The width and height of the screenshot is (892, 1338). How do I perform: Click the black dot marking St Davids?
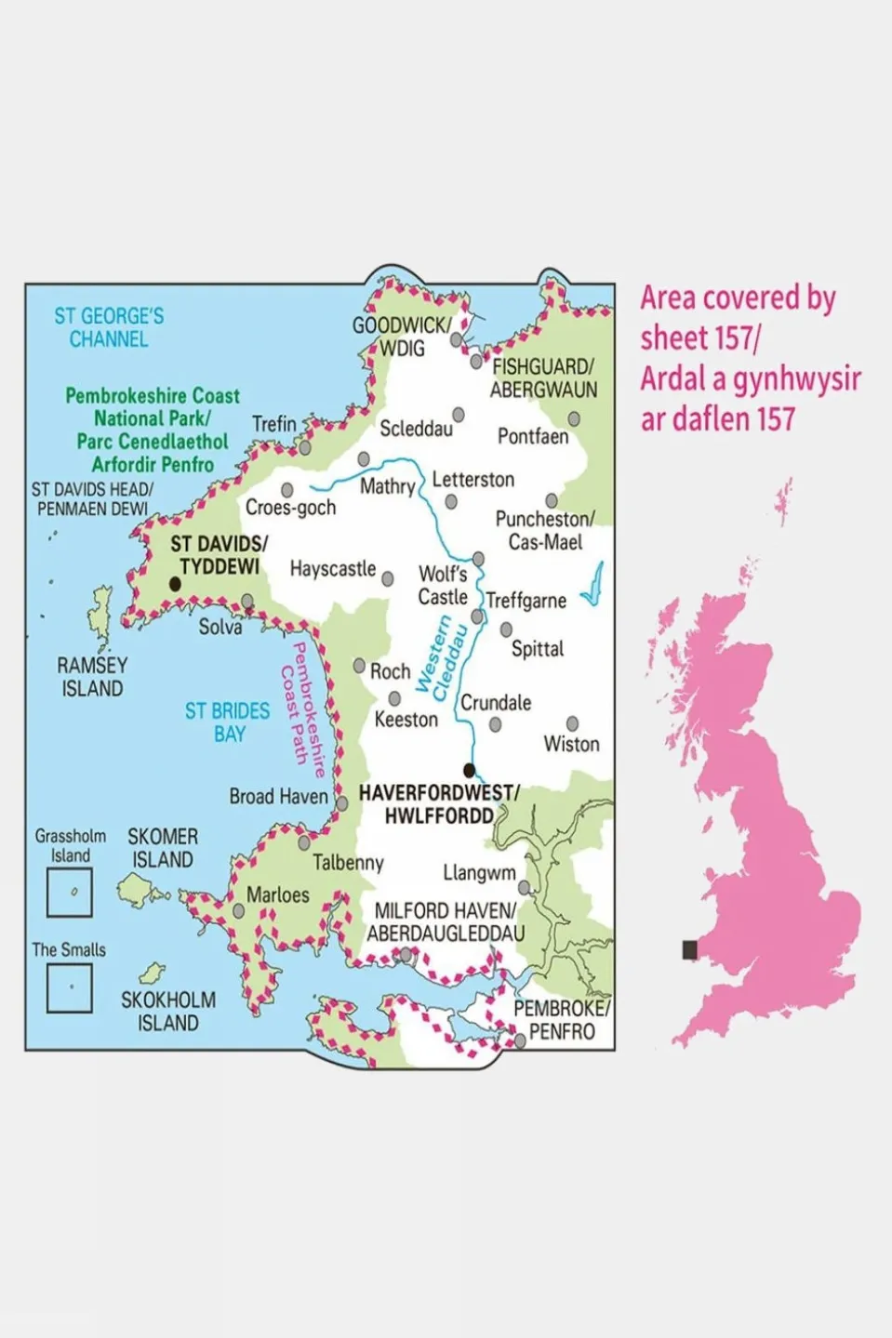[174, 585]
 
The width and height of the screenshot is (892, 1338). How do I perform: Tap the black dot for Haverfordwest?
[470, 770]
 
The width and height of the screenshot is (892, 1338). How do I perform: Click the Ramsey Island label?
[92, 677]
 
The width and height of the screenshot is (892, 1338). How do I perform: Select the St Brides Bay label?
[228, 722]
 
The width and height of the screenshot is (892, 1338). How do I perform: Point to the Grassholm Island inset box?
[70, 893]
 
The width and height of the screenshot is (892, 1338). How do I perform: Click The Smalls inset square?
[70, 987]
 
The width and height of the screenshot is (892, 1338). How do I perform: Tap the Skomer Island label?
[162, 848]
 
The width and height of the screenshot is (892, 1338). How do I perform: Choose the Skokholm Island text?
[168, 1012]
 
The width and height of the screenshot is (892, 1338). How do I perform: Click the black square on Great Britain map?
[689, 949]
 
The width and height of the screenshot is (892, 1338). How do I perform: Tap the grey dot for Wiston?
[573, 723]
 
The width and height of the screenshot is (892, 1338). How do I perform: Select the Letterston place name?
[473, 480]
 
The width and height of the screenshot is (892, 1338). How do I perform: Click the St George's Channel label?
[109, 327]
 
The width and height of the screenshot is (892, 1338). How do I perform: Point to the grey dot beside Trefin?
[305, 448]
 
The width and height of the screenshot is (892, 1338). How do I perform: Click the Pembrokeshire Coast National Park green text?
[153, 430]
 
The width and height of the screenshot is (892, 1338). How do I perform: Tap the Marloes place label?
[277, 894]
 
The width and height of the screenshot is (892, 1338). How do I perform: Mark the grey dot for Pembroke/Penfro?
[521, 1042]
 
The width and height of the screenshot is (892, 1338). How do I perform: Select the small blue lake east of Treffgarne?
[592, 585]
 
